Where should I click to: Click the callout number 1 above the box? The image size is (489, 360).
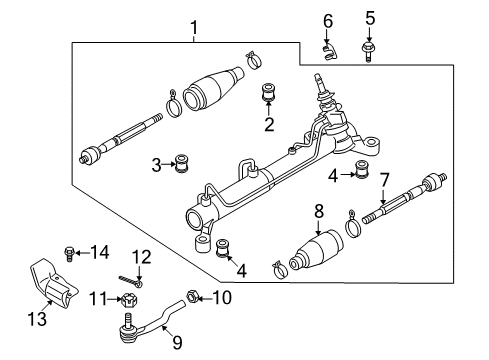coord(194,28)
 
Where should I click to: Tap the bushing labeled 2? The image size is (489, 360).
coord(268,93)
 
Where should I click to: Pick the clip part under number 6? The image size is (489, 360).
coord(329,52)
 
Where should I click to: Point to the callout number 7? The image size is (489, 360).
coord(384,180)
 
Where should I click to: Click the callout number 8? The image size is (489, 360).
coord(318,211)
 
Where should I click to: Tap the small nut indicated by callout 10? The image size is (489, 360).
coord(193,297)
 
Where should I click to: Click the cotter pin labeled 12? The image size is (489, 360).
coord(131,280)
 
